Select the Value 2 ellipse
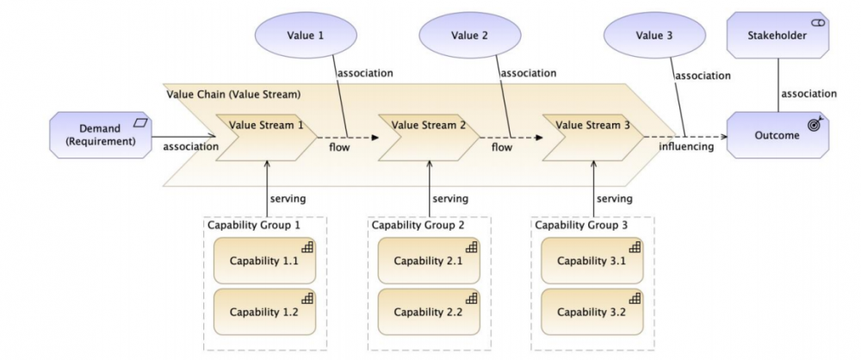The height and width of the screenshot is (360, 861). pyautogui.click(x=469, y=36)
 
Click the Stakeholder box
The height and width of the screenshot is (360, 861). pyautogui.click(x=777, y=36)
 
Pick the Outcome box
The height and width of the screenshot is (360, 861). pyautogui.click(x=777, y=134)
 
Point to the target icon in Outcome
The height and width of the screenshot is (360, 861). pyautogui.click(x=814, y=125)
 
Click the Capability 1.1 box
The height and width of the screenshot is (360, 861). pyautogui.click(x=264, y=261)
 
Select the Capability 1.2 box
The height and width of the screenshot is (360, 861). pyautogui.click(x=264, y=310)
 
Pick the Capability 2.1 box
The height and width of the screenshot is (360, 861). pyautogui.click(x=428, y=261)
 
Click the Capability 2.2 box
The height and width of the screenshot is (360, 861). pyautogui.click(x=428, y=310)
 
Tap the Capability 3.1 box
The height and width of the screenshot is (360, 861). pyautogui.click(x=592, y=261)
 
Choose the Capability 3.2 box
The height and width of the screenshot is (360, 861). pyautogui.click(x=592, y=310)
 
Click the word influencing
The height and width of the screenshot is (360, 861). pyautogui.click(x=686, y=146)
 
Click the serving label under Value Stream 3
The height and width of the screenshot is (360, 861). pyautogui.click(x=614, y=199)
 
